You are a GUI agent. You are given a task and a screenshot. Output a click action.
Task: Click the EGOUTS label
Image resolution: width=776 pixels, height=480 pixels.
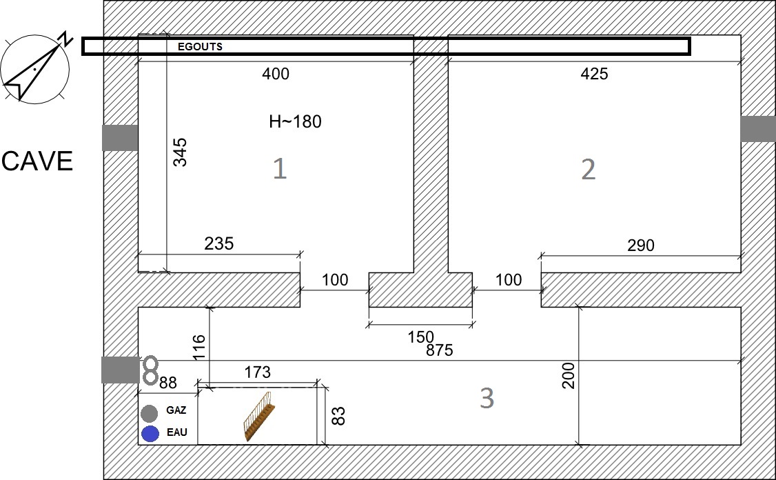pyautogui.click(x=200, y=47)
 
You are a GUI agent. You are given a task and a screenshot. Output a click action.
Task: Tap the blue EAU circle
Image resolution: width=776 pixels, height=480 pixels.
pyautogui.click(x=150, y=433)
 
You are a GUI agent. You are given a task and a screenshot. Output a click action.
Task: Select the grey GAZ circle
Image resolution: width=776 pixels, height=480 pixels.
pyautogui.click(x=149, y=413)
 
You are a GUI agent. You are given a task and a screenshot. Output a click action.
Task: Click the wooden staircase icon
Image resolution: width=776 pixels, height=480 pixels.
pyautogui.click(x=259, y=416)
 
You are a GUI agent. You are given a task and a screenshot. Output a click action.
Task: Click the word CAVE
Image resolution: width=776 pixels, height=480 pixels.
pyautogui.click(x=37, y=161)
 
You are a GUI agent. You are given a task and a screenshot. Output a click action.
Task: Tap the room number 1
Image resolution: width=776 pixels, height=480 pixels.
pyautogui.click(x=280, y=168)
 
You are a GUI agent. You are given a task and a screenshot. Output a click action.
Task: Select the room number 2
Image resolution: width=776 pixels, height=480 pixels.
pyautogui.click(x=588, y=170)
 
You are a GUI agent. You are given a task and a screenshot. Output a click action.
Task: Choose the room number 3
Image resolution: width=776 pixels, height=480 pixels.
pyautogui.click(x=487, y=398)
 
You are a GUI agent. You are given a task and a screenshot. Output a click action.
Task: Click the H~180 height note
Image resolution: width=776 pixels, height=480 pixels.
pyautogui.click(x=296, y=121)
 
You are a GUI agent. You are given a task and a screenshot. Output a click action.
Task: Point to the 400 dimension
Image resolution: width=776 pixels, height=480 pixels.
pyautogui.click(x=276, y=74)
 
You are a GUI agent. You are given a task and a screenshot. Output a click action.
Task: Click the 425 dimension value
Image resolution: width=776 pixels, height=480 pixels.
pyautogui.click(x=594, y=74)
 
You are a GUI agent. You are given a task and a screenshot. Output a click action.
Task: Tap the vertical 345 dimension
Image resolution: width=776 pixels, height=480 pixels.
pyautogui.click(x=180, y=152)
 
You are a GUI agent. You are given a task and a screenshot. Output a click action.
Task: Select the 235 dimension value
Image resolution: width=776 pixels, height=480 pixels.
pyautogui.click(x=218, y=243)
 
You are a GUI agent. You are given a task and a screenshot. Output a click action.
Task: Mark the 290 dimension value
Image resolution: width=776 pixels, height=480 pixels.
pyautogui.click(x=641, y=246)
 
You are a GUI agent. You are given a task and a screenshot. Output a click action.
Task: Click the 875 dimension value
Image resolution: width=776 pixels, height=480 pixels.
pyautogui.click(x=440, y=350)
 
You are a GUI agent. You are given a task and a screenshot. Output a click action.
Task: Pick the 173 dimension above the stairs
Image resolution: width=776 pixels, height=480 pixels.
pyautogui.click(x=257, y=372)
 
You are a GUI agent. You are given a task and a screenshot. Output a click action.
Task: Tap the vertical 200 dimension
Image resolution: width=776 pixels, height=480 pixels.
pyautogui.click(x=569, y=375)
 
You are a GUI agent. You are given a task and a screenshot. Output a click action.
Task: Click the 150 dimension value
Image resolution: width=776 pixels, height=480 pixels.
pyautogui.click(x=420, y=337)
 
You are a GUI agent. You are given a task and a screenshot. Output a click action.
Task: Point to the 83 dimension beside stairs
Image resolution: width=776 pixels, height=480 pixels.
pyautogui.click(x=338, y=416)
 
